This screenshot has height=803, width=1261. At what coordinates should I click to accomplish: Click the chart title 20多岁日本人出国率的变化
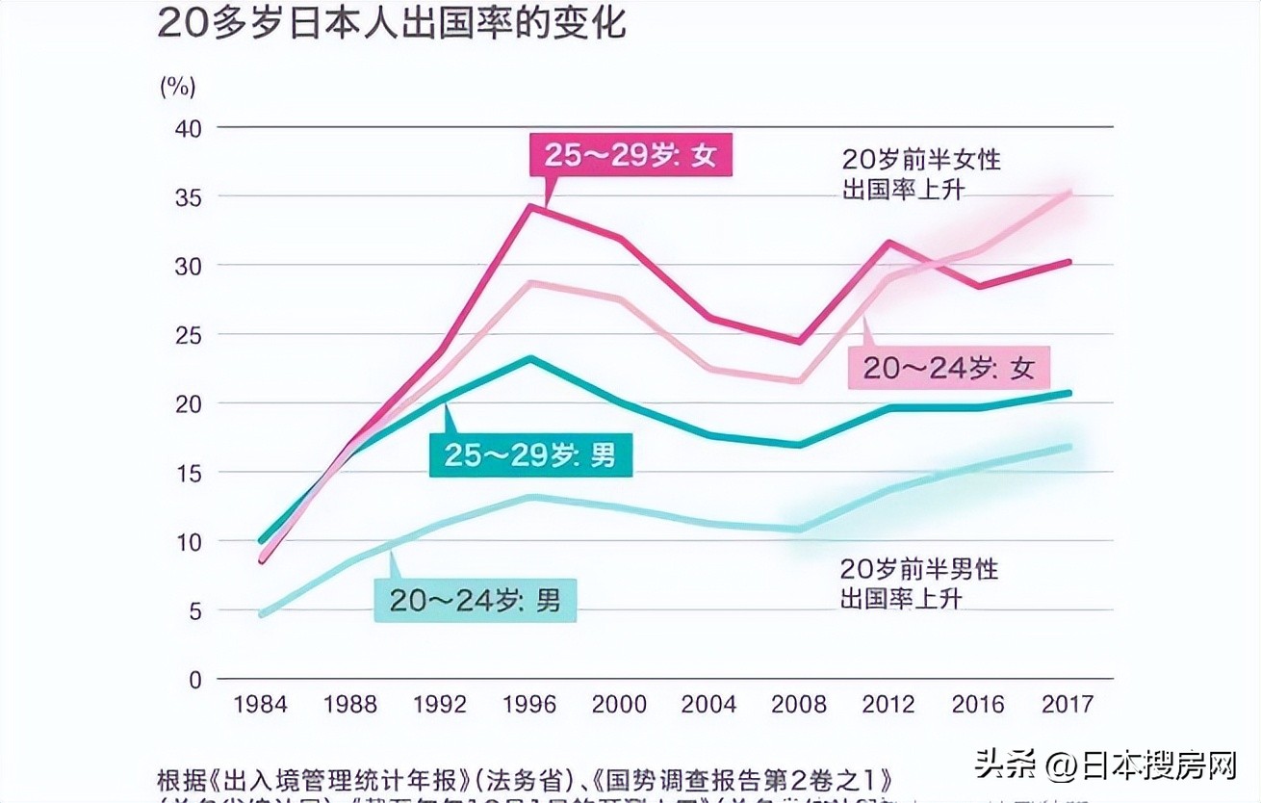391,24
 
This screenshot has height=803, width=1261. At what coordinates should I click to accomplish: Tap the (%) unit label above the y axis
177,87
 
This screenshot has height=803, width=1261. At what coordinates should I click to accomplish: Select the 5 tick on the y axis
194,610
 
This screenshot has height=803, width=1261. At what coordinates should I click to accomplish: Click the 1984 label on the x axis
260,704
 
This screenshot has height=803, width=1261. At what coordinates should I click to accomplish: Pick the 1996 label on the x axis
529,704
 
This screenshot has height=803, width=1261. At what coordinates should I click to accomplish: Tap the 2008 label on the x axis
799,704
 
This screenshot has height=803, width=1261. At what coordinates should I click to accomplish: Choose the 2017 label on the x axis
1067,704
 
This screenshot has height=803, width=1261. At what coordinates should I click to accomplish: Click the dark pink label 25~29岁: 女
630,155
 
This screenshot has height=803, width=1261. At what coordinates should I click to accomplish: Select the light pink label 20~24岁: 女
948,368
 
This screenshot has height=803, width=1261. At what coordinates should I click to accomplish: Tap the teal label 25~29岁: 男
530,454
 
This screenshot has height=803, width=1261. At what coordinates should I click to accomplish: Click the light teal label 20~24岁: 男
476,601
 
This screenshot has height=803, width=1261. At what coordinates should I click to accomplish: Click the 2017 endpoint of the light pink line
1068,193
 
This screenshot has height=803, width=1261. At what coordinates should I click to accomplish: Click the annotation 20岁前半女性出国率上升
920,174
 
